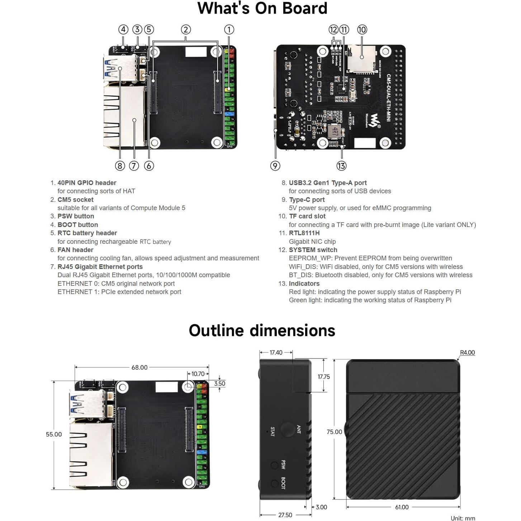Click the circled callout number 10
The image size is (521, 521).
[x=362, y=30]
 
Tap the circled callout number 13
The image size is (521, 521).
[x=341, y=166]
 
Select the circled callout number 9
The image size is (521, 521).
[x=275, y=166]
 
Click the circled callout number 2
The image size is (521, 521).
[x=185, y=30]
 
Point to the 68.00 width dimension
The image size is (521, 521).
[x=139, y=368]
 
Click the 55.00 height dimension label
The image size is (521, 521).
[x=54, y=434]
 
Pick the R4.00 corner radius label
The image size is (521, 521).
[x=467, y=353]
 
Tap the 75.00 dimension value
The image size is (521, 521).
[x=334, y=432]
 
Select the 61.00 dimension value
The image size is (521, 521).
[x=402, y=507]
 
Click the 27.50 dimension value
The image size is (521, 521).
[x=285, y=515]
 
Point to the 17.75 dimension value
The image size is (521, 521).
[x=323, y=377]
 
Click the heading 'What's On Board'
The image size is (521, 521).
[x=262, y=8]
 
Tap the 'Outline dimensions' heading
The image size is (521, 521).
[x=262, y=331]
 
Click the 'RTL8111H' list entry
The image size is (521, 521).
[x=304, y=233]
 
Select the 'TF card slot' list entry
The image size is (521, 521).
[x=307, y=216]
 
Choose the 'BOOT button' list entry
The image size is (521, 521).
[x=77, y=225]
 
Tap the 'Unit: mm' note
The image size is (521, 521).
[x=463, y=518]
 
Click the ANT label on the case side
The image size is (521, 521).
[x=299, y=430]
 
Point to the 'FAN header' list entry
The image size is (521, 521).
[x=75, y=250]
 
